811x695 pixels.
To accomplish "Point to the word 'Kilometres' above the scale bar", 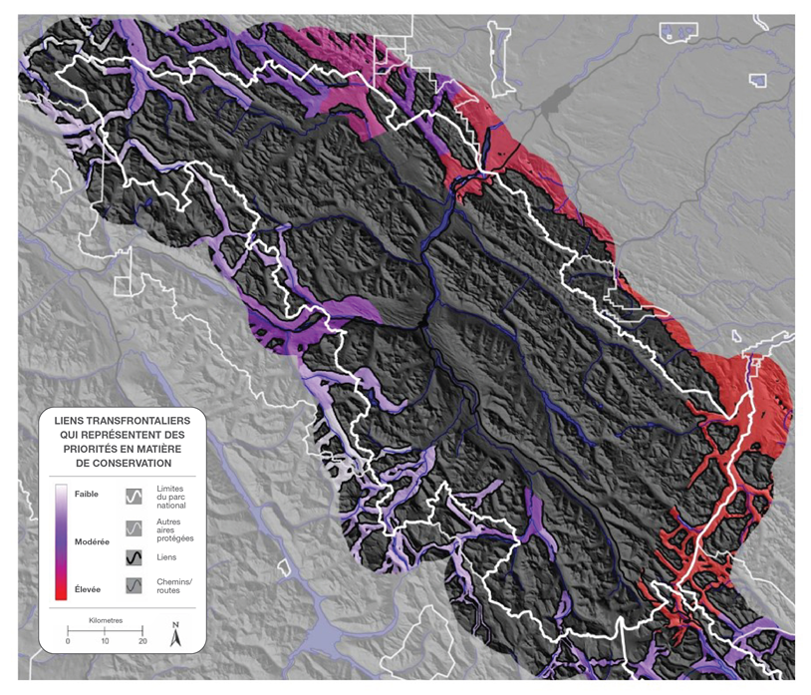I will (x=106, y=619).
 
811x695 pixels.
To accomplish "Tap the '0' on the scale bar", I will (x=68, y=641).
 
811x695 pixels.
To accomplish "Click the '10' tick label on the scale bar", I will (x=106, y=641).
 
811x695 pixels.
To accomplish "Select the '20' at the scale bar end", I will (x=142, y=641).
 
